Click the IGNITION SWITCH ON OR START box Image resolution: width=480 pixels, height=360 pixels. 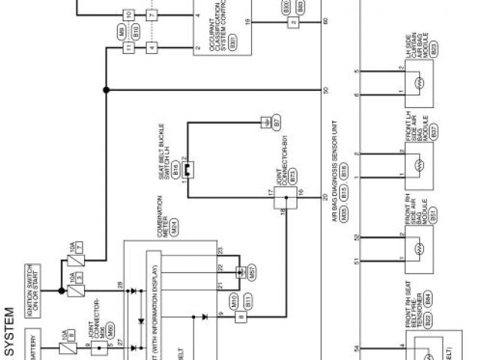[x=37, y=292]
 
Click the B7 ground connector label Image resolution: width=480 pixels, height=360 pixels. [x=276, y=120]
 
